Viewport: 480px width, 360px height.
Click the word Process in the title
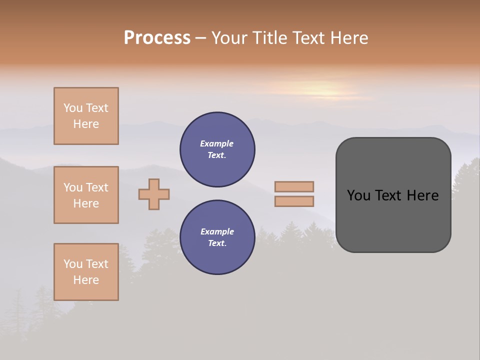point(157,38)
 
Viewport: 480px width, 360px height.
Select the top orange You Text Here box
point(86,116)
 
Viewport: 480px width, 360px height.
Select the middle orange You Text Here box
point(86,195)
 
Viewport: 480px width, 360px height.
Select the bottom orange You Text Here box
point(86,272)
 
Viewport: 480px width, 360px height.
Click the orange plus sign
point(154,194)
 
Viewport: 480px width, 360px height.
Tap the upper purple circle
point(217,149)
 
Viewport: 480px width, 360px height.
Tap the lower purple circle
point(217,237)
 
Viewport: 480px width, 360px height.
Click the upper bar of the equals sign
point(294,186)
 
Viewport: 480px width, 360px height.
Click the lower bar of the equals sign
point(294,201)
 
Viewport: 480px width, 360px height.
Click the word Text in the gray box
point(388,195)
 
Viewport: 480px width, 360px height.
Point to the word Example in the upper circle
point(217,143)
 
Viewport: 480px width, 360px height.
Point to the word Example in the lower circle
point(217,231)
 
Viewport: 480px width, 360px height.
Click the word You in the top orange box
point(72,108)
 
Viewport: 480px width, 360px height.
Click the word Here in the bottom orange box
point(86,280)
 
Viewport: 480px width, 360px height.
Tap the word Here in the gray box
point(422,195)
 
